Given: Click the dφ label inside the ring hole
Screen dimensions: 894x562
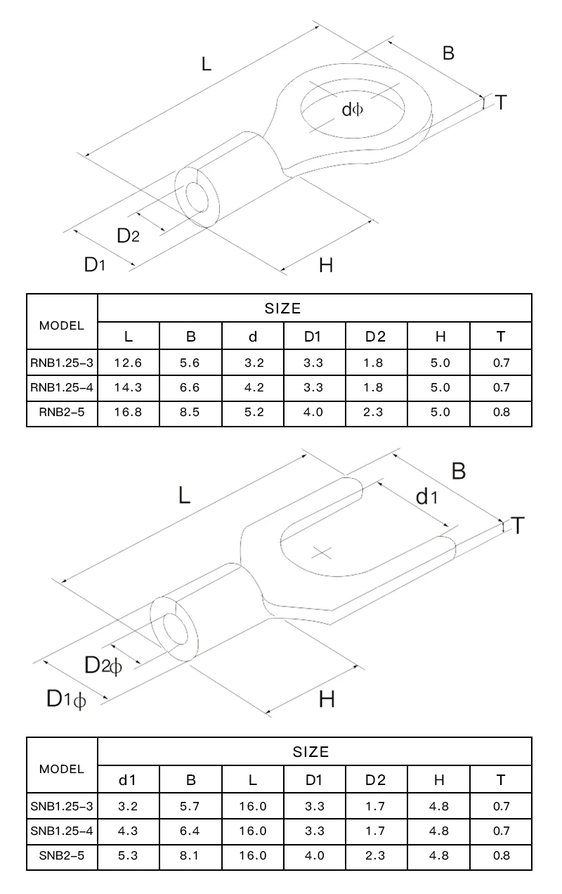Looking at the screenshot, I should [x=352, y=109].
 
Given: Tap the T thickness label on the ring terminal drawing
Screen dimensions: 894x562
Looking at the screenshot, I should [x=501, y=103].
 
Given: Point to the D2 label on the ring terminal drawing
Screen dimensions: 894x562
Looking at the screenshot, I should [x=128, y=235].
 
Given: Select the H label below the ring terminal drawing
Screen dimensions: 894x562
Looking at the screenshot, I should [x=325, y=265].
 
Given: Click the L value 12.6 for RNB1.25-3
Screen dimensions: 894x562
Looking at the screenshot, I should [x=128, y=363].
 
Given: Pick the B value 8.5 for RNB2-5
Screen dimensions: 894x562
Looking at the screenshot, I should [x=191, y=413].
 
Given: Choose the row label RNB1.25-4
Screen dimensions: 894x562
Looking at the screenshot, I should [x=62, y=388].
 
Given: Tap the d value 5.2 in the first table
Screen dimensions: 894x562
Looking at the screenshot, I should [x=253, y=413].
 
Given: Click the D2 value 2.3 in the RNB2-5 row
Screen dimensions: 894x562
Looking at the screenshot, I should [x=375, y=413].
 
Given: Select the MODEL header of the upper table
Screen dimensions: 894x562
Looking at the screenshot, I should [x=62, y=325].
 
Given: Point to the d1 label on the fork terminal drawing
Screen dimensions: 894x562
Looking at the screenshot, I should [x=426, y=498].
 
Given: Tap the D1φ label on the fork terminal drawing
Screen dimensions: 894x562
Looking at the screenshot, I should [x=66, y=699].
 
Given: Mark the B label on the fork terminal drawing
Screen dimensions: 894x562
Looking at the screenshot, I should [x=458, y=470].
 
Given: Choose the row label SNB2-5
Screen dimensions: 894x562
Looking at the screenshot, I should [x=62, y=855].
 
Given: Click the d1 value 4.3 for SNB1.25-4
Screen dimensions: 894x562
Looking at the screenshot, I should [x=128, y=831].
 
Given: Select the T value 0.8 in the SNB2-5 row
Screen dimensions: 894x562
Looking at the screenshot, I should [x=501, y=855].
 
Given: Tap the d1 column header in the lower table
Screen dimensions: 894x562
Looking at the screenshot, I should [x=128, y=779].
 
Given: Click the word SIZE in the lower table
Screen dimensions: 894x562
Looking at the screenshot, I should [x=311, y=752].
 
